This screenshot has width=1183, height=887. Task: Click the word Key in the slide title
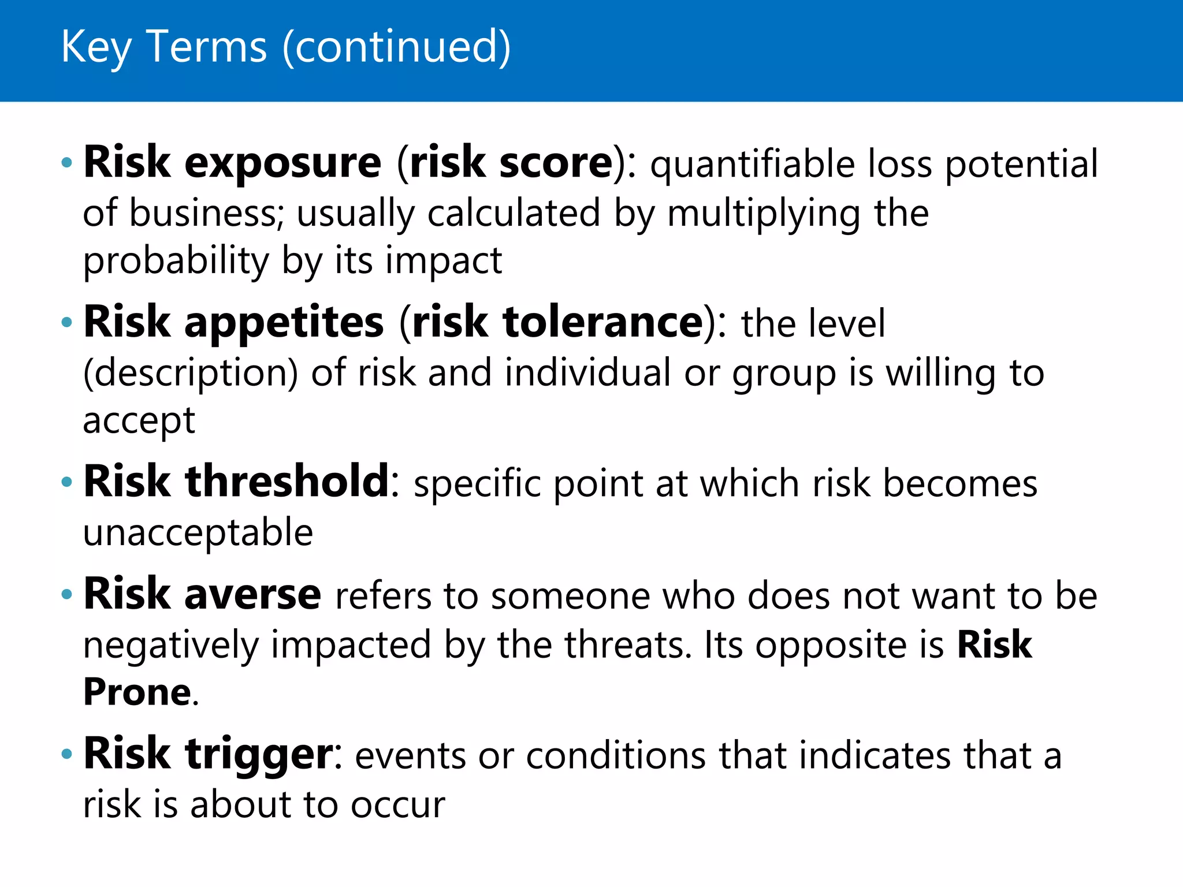(x=96, y=47)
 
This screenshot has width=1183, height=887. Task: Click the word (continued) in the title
(x=396, y=47)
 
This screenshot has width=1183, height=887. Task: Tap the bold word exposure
(x=282, y=163)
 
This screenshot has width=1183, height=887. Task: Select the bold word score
(x=555, y=163)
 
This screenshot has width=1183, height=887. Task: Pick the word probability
(x=176, y=262)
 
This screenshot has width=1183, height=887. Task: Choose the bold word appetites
(x=284, y=323)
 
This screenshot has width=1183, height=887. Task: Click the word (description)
(x=191, y=374)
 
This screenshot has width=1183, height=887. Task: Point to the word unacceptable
(x=198, y=532)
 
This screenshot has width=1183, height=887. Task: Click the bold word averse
(x=252, y=595)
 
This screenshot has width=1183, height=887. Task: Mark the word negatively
(x=170, y=646)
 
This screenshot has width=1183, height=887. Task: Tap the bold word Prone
(x=137, y=692)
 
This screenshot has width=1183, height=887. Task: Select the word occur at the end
(x=398, y=805)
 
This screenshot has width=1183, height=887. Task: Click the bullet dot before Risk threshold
(x=67, y=482)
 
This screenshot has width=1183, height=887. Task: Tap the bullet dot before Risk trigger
(x=67, y=754)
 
